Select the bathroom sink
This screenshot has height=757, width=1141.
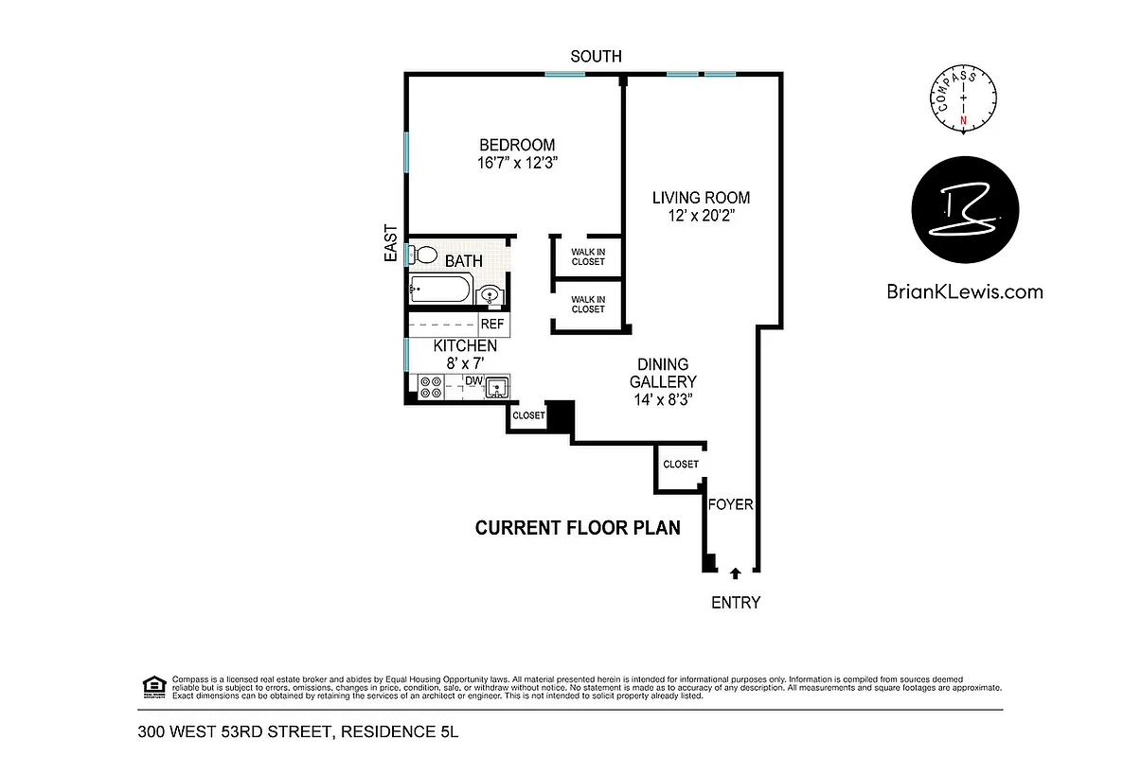pos(490,295)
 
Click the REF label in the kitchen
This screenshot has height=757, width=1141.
pos(491,324)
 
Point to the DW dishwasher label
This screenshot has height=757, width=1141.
pos(473,381)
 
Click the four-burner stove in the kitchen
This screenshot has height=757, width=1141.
pos(430,386)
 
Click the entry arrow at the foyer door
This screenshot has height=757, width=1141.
pos(736,572)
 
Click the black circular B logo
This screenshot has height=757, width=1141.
pos(965,209)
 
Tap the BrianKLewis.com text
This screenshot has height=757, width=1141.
pos(965,291)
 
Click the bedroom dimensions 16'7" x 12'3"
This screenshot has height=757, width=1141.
pos(516,163)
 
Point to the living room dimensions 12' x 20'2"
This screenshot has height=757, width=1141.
pos(701,216)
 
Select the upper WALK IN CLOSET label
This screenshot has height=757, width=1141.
pos(587,256)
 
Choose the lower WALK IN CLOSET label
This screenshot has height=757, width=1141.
pos(587,305)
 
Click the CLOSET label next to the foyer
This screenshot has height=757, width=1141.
pos(681,465)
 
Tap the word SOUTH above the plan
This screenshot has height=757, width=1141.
pos(596,57)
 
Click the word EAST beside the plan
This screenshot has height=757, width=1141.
pos(390,242)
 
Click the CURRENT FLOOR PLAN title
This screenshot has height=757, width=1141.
pos(578,528)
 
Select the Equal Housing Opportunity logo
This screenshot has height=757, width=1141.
pos(152,684)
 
